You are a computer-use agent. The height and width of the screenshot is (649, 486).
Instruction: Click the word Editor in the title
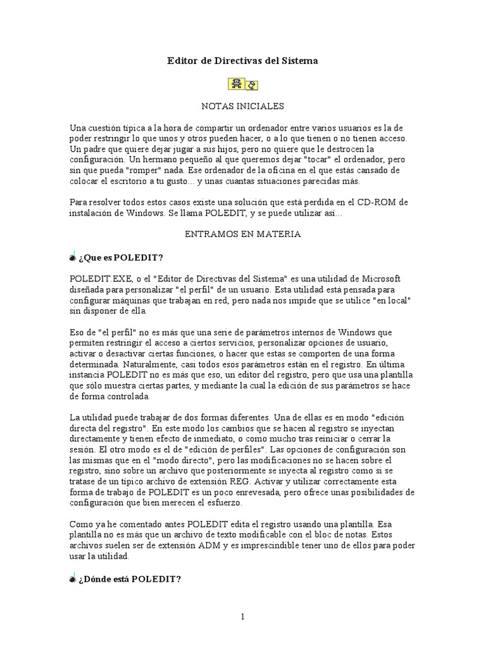(x=182, y=61)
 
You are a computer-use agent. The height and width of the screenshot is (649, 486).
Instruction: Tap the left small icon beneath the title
(x=235, y=84)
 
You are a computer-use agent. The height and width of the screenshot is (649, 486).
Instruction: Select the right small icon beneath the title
(x=251, y=84)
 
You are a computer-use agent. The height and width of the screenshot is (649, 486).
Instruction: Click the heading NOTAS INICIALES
(x=242, y=106)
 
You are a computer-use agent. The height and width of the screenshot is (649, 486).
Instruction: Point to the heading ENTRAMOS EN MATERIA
(x=242, y=234)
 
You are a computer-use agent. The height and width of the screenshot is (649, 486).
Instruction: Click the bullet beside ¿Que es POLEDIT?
(x=73, y=257)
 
